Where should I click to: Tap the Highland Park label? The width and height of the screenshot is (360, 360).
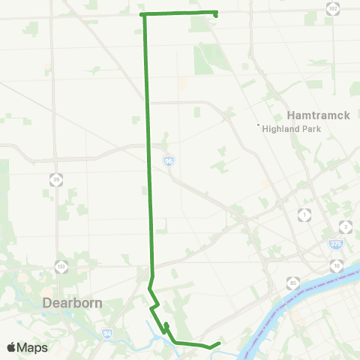292,128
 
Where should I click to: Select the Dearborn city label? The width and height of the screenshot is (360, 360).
71,304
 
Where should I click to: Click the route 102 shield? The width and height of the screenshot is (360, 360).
333,8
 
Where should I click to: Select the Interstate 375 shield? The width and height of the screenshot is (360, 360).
335,244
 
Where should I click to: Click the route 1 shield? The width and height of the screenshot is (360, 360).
304,216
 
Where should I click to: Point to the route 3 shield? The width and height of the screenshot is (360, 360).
345,226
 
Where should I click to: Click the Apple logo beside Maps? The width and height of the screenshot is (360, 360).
11,347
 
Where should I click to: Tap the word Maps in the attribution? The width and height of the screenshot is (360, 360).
32,347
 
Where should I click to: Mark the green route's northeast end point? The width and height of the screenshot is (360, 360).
216,13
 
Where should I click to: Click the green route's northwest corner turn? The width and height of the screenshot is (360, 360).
142,14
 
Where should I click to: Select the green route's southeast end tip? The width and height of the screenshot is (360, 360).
218,343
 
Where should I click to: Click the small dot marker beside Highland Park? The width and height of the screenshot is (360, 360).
258,124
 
